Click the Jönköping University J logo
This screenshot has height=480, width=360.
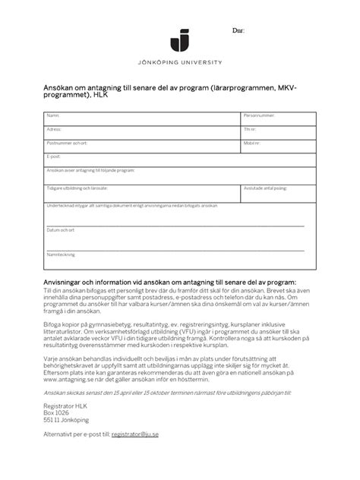[180, 39]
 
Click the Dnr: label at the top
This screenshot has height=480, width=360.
[238, 30]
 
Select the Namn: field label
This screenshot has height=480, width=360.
[52, 115]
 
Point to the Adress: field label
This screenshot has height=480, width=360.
[54, 129]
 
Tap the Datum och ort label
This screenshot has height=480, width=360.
[60, 229]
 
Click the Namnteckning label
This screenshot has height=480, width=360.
[61, 254]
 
